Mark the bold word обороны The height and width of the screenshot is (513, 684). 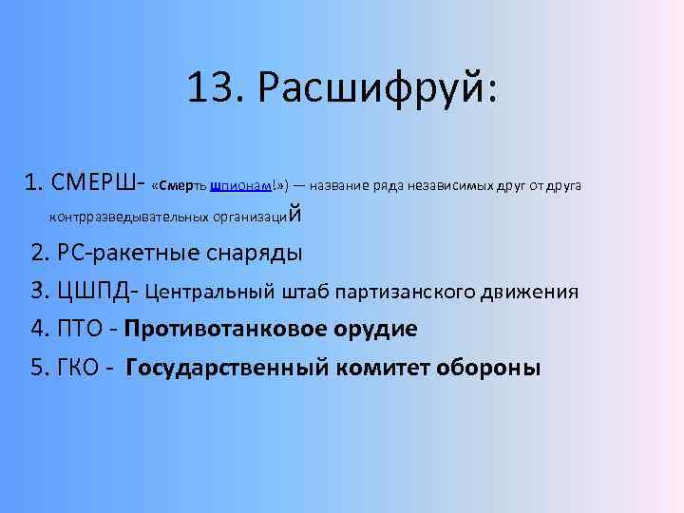click(492, 368)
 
